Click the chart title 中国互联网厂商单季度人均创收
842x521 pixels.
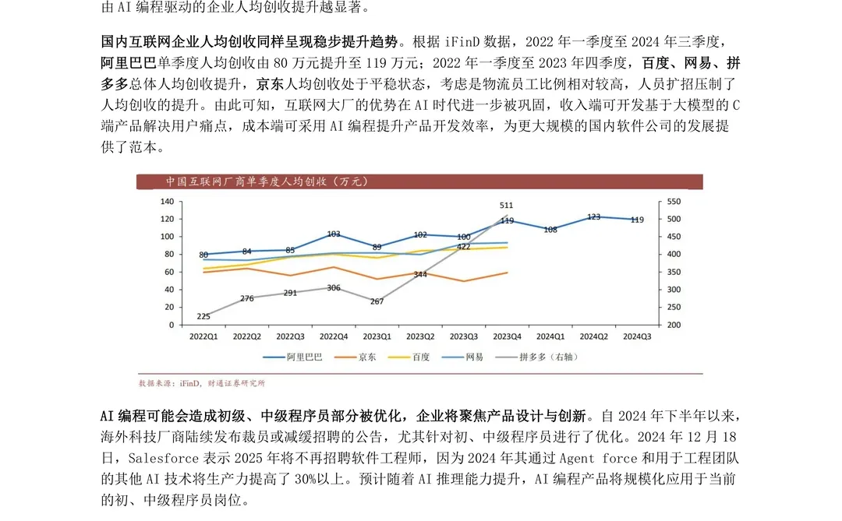tap(266, 182)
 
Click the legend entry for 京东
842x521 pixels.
tap(357, 357)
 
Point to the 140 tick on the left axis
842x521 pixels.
tap(168, 201)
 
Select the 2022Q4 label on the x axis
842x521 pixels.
tap(334, 336)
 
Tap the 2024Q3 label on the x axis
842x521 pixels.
tap(637, 336)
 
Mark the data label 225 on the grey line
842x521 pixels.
tap(203, 316)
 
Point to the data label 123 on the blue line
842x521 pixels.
tap(593, 217)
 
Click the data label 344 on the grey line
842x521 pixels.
tap(420, 274)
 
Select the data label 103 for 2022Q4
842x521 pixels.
tap(334, 234)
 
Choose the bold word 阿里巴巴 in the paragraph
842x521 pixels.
tap(129, 62)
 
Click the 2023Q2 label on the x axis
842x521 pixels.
tap(420, 336)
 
